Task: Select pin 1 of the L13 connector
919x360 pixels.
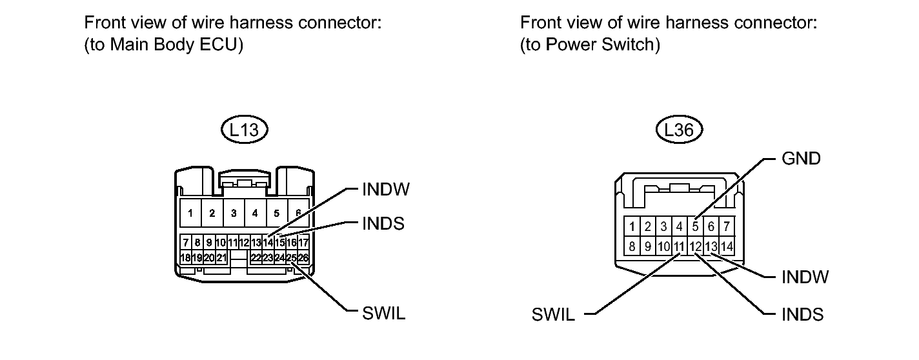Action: [190, 213]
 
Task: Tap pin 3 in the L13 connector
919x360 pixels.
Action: [234, 213]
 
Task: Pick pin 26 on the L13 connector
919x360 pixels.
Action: [303, 258]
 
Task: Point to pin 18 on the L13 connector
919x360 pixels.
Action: [185, 258]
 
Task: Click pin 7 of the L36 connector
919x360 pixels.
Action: [727, 226]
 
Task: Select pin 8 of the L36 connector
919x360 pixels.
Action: [632, 246]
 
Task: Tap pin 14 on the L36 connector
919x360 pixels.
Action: [727, 246]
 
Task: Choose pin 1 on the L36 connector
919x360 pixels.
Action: [632, 226]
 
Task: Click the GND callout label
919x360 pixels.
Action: [801, 159]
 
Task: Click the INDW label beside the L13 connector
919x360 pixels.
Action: [386, 190]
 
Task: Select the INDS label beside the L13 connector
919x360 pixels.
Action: [383, 224]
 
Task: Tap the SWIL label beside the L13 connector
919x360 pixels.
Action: [383, 314]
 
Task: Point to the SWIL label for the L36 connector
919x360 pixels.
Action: [553, 315]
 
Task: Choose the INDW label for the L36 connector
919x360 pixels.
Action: [805, 277]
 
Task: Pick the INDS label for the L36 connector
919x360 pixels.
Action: [802, 315]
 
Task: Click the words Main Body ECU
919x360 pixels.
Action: [174, 45]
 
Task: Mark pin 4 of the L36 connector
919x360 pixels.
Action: [680, 226]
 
